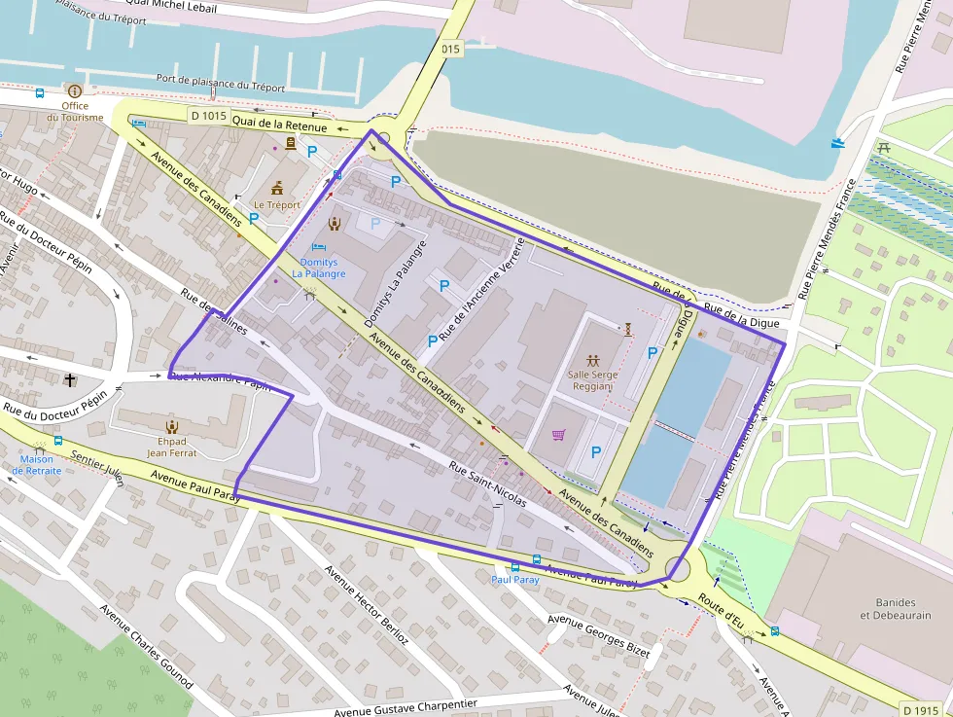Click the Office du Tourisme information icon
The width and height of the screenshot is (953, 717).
point(75,90)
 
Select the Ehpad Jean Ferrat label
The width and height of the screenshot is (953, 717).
point(171,447)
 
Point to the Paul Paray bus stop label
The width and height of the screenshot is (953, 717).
point(514,579)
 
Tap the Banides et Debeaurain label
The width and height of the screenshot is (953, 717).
point(895,608)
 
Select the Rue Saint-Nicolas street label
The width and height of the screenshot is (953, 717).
point(487,484)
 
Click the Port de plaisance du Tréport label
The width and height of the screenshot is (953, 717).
point(221,83)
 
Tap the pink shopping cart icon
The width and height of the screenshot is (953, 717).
point(558,435)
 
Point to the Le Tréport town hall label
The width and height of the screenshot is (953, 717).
point(277,205)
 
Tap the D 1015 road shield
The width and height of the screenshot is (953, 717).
point(208,116)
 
